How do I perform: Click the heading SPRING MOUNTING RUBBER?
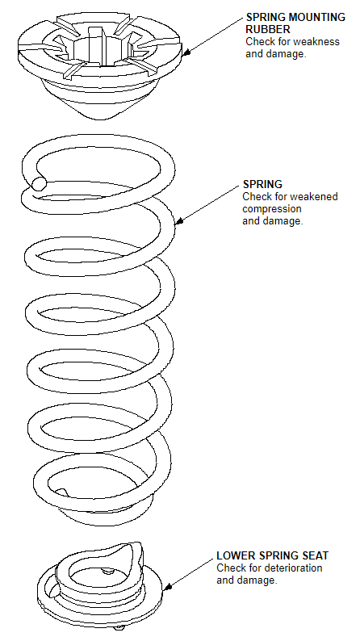pos(295,23)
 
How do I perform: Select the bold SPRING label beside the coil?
pos(262,184)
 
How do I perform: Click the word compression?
pos(272,209)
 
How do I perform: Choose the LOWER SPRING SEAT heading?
pos(273,555)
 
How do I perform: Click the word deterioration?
pos(293,568)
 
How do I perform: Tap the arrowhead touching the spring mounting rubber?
pos(186,52)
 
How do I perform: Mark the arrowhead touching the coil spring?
pos(178,222)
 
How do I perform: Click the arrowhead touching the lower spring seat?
pos(167,587)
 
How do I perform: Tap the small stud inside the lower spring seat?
pos(108,571)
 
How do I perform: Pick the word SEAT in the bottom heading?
pos(316,555)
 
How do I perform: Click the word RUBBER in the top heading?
pos(268,29)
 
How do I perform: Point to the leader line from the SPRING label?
pos(207,205)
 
